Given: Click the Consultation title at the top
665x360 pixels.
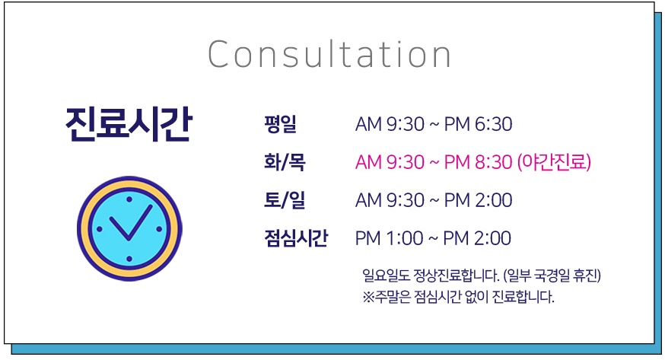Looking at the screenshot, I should [x=329, y=55].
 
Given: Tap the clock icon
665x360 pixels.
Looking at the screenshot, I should [x=129, y=228].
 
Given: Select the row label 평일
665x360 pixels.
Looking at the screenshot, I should [x=280, y=124].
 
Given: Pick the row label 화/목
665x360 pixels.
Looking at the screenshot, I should [x=284, y=162].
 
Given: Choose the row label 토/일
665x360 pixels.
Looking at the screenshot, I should [x=284, y=200].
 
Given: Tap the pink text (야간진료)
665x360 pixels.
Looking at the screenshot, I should [x=554, y=162].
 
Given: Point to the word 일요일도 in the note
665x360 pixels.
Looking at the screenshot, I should [x=385, y=275].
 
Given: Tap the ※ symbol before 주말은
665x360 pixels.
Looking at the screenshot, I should [x=368, y=297].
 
